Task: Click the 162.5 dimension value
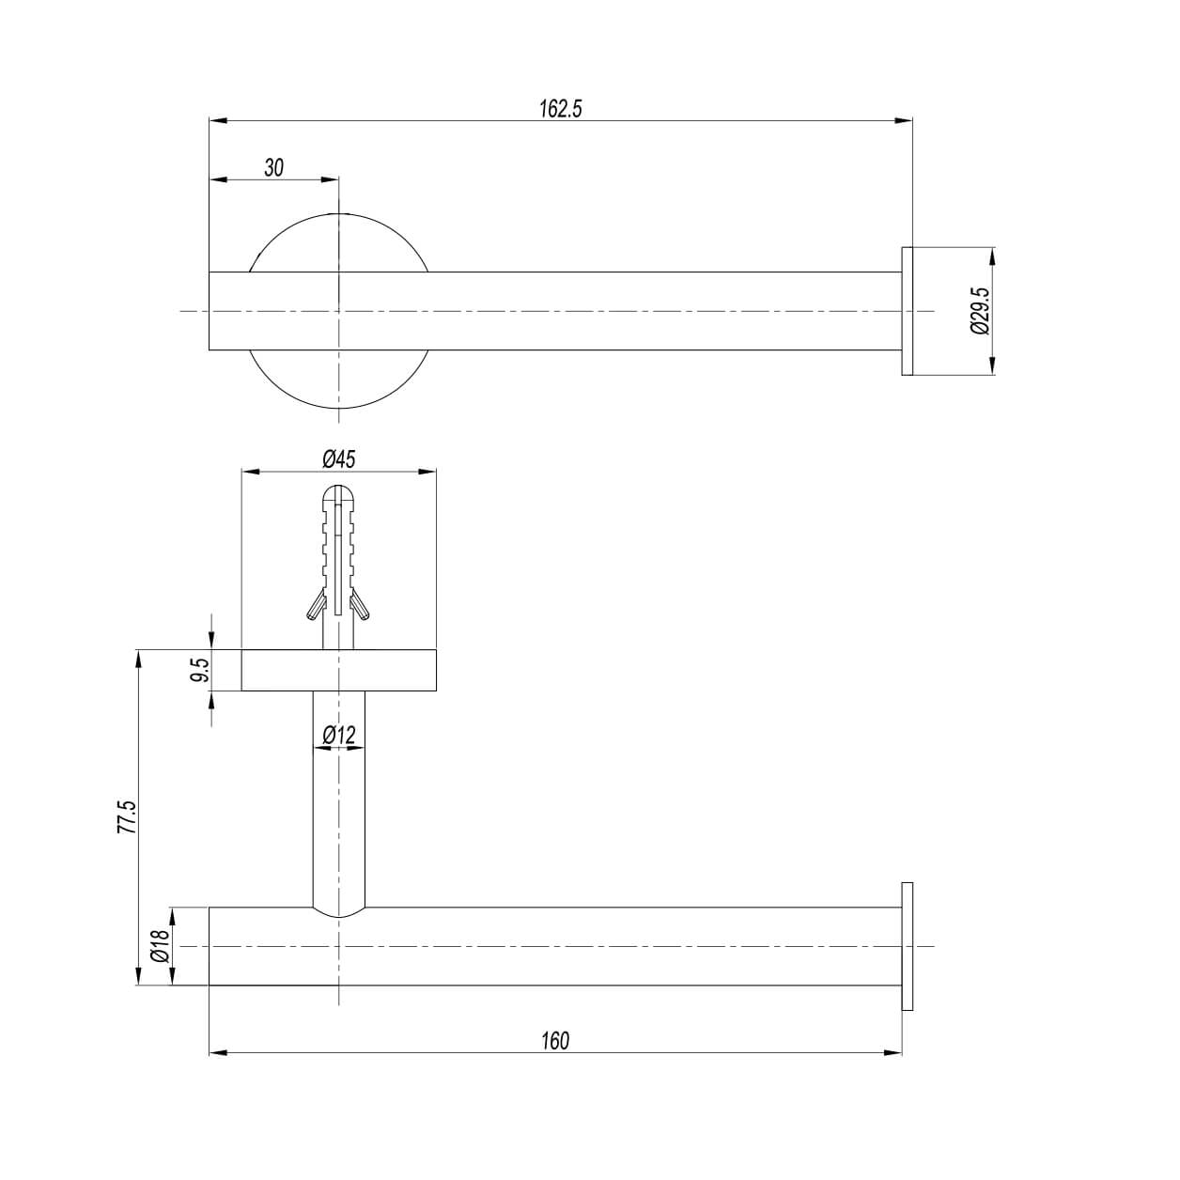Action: pyautogui.click(x=561, y=109)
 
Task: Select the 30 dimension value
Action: pyautogui.click(x=273, y=168)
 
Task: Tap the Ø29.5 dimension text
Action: pyautogui.click(x=980, y=311)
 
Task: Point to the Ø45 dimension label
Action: pyautogui.click(x=338, y=459)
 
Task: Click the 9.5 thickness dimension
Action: pyautogui.click(x=199, y=670)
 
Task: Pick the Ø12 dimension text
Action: pyautogui.click(x=338, y=735)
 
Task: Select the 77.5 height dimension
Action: pyautogui.click(x=128, y=817)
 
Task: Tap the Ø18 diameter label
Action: pyautogui.click(x=160, y=946)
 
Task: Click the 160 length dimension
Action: pyautogui.click(x=555, y=1041)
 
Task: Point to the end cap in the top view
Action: pyautogui.click(x=908, y=311)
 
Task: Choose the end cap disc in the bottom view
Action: pyautogui.click(x=907, y=946)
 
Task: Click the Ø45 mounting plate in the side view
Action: pyautogui.click(x=282, y=670)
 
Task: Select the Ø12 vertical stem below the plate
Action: pyautogui.click(x=338, y=808)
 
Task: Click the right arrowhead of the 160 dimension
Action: pyautogui.click(x=894, y=1053)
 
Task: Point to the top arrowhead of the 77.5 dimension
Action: pyautogui.click(x=139, y=657)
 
